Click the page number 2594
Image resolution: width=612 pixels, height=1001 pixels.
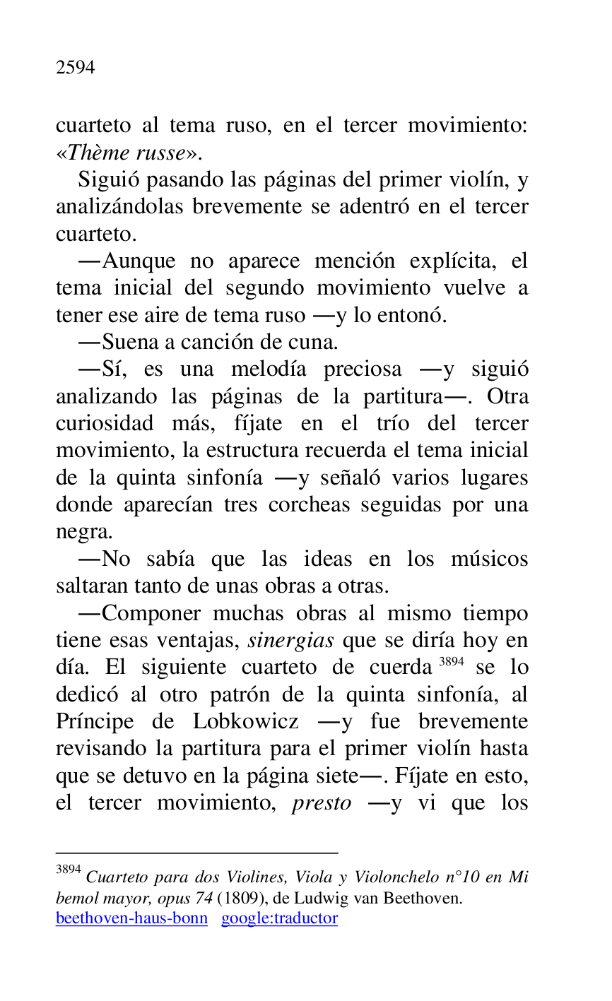pos(75,68)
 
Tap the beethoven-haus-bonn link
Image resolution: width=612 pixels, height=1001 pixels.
pos(131,918)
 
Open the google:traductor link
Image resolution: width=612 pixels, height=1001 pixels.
pos(279,918)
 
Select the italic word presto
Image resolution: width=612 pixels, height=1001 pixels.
pos(321,803)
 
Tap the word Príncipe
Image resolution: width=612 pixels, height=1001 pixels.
pos(95,722)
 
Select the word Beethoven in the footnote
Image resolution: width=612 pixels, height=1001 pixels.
pos(431,899)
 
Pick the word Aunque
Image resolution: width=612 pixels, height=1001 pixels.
pos(139,261)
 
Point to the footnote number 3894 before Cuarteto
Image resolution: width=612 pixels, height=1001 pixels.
pos(69,870)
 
